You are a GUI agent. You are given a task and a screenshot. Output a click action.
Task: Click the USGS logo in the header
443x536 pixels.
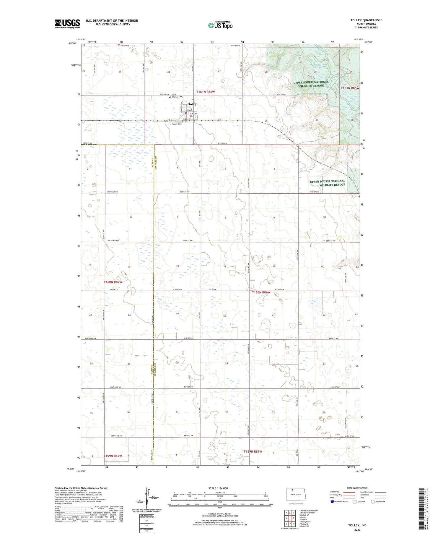[67, 24]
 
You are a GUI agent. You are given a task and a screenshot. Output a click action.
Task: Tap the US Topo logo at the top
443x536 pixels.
[220, 25]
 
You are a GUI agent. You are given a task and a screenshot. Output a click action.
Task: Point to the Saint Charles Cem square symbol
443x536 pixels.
[170, 97]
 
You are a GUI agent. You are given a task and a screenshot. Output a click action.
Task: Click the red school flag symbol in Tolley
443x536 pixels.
[191, 116]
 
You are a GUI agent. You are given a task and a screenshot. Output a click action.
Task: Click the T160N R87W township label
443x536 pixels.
[113, 282]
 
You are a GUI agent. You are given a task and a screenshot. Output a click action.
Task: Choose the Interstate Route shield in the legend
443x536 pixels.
[332, 501]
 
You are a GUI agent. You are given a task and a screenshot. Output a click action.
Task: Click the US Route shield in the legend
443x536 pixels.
[355, 501]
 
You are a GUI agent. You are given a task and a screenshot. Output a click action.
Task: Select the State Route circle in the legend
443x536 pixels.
[373, 501]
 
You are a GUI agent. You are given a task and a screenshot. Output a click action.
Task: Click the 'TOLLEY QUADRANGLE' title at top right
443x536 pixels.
[366, 20]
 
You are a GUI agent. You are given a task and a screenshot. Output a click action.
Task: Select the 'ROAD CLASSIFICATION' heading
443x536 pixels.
[357, 488]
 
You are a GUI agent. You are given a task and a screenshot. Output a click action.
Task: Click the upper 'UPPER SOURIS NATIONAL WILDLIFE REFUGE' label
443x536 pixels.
[311, 84]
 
